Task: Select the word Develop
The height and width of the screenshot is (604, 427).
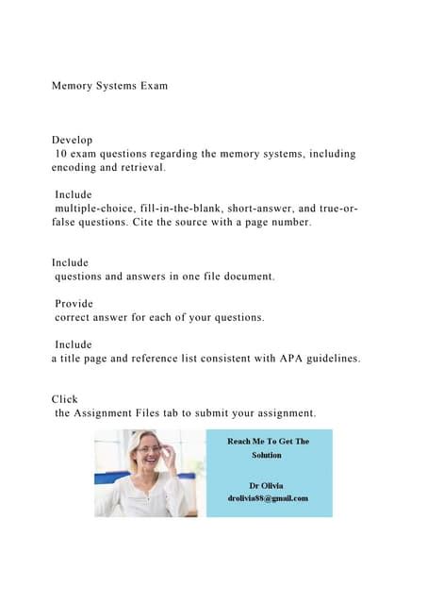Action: point(72,140)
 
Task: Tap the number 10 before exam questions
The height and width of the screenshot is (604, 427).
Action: point(62,154)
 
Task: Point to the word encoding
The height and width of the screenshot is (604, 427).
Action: point(77,167)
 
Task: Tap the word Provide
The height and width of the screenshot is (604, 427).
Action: point(74,304)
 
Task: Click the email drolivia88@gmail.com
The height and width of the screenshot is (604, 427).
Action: point(268,497)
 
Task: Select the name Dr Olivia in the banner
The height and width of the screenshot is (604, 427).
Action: point(268,484)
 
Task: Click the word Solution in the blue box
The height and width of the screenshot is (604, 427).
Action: point(267,455)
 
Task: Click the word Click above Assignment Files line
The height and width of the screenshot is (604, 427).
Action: point(66,399)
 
